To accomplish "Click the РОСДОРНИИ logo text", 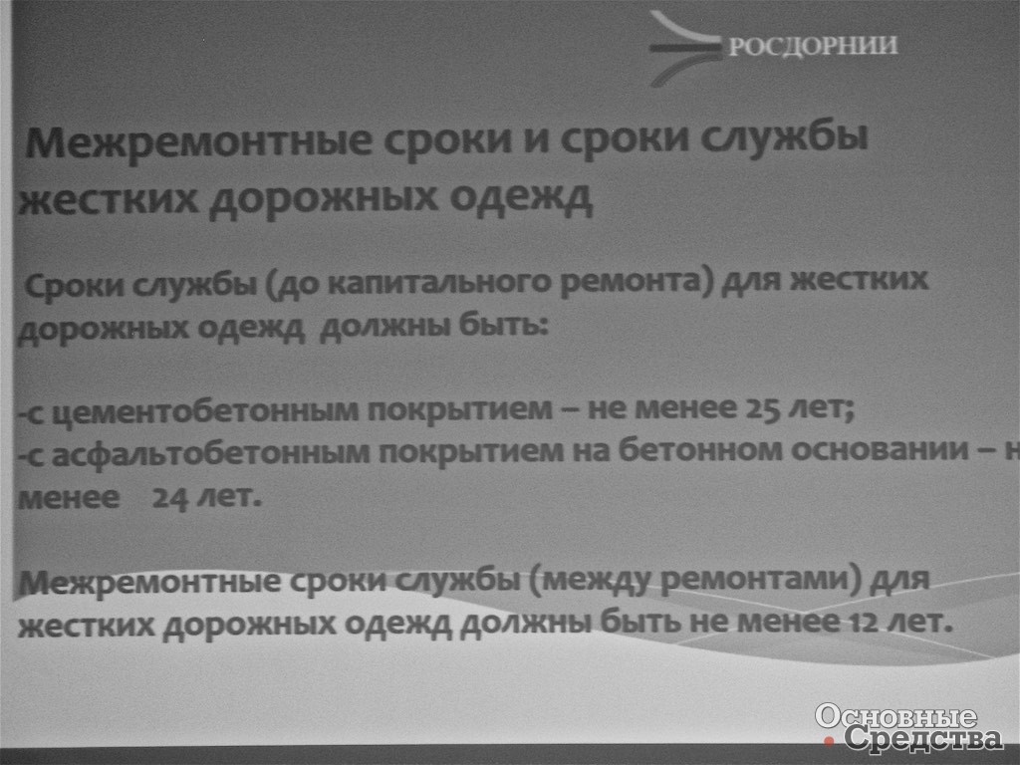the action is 813,46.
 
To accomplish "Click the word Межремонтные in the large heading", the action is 199,141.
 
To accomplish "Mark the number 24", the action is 169,499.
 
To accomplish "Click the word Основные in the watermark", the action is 895,715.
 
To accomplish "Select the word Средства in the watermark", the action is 923,738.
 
